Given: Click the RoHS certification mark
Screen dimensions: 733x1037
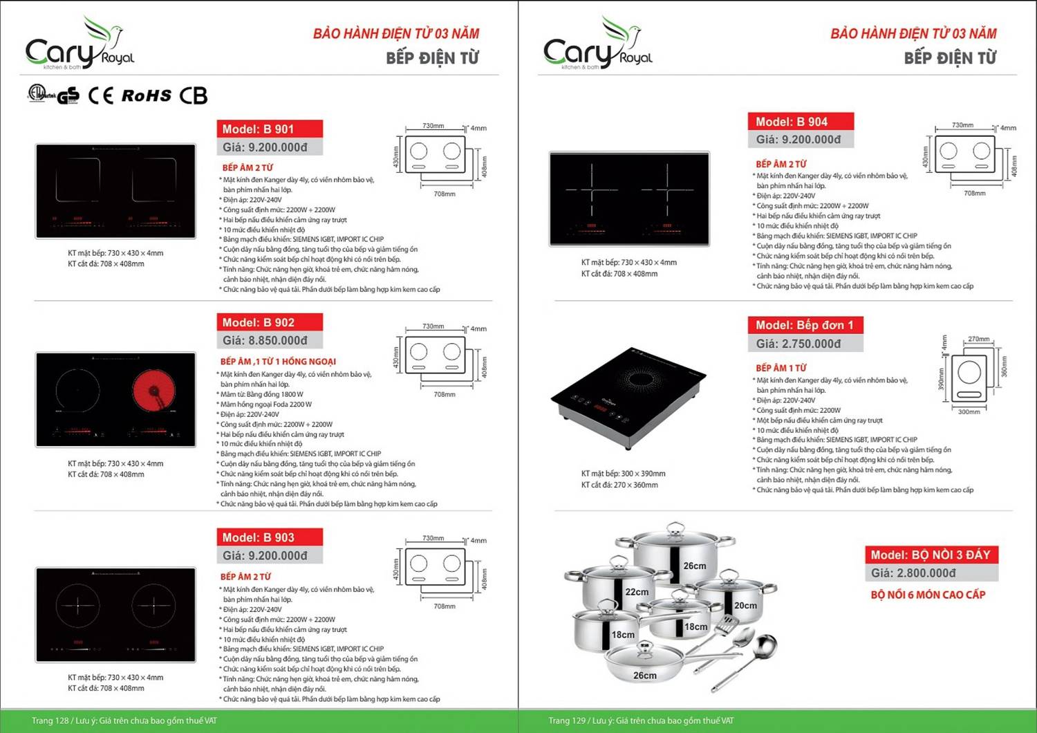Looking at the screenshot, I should tap(146, 95).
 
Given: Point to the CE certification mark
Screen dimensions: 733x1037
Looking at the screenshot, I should tap(101, 95).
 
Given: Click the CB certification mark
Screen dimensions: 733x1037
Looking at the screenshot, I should tap(193, 95).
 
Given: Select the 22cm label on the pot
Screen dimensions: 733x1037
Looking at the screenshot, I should tap(637, 592).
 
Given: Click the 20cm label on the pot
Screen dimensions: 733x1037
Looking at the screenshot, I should tap(745, 605).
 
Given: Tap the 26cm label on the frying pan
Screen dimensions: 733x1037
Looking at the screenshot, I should tap(644, 675).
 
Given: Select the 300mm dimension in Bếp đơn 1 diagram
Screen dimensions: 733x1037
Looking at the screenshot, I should tap(969, 411).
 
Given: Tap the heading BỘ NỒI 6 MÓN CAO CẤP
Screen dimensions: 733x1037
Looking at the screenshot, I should tap(928, 595).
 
